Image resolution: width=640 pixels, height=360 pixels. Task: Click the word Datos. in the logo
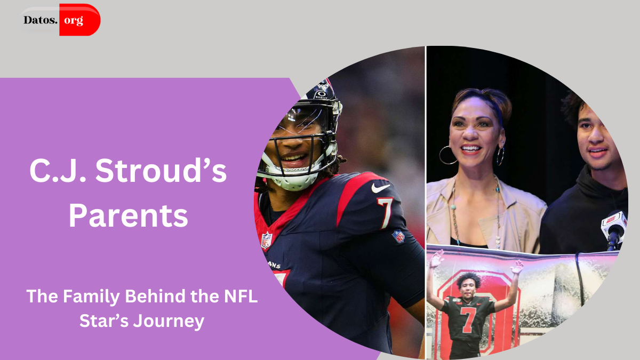coord(41,21)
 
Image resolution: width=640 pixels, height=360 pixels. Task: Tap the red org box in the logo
coord(79,20)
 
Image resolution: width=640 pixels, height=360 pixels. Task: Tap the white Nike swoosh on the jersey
coord(380,188)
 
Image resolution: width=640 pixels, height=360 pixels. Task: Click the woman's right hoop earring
coord(500,156)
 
